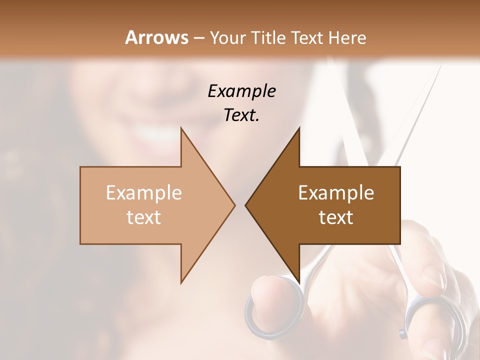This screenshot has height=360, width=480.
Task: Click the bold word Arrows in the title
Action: click(156, 37)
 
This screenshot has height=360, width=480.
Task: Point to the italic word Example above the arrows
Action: click(241, 91)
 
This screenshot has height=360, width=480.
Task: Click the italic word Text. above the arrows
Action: click(241, 115)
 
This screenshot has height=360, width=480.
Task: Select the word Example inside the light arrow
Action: click(143, 193)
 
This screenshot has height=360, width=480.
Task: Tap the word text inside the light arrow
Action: click(143, 217)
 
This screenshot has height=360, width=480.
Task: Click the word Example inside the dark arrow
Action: click(336, 193)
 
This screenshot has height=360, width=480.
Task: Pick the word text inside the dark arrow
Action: click(336, 217)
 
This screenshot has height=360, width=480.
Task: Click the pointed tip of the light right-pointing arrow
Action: click(234, 205)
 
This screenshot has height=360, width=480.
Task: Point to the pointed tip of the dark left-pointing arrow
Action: click(246, 205)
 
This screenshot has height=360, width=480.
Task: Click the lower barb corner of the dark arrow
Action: click(299, 283)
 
